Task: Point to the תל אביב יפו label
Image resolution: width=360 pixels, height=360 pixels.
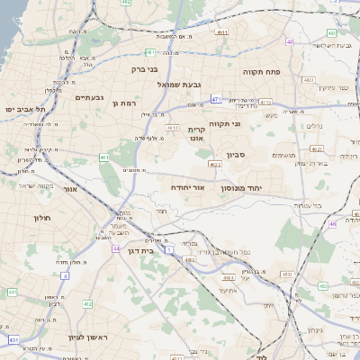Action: (x=24, y=108)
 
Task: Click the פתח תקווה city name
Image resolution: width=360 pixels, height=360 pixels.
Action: (x=263, y=68)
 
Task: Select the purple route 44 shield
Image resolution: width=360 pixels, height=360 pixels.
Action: (x=115, y=248)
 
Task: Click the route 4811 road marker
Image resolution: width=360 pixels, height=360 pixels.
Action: (x=221, y=32)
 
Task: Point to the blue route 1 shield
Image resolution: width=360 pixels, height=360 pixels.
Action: (x=168, y=248)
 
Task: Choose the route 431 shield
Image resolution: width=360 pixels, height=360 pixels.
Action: (x=13, y=340)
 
